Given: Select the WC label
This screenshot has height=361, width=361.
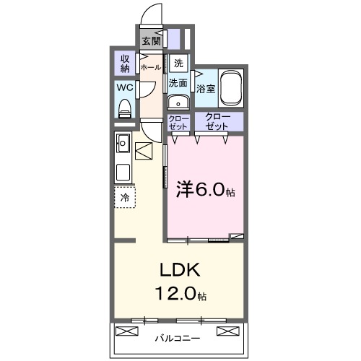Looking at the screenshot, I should pos(124,89).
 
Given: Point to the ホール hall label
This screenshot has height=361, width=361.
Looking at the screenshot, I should pos(151,66).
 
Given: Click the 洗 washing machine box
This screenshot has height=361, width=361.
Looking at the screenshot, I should pos(178,62).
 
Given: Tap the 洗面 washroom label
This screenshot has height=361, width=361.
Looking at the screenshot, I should pos(178,83).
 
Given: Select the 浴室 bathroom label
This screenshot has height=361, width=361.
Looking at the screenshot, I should pos(206,89).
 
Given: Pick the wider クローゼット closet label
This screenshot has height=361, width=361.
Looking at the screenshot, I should pos(217,121).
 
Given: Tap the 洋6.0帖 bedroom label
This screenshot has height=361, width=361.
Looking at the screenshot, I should pos(205,190).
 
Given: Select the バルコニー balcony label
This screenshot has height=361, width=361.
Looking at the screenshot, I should pos(178,337).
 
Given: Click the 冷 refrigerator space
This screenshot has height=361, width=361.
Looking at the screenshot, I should pos(125,197).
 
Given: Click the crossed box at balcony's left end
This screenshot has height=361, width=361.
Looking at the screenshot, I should pos(127,331).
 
